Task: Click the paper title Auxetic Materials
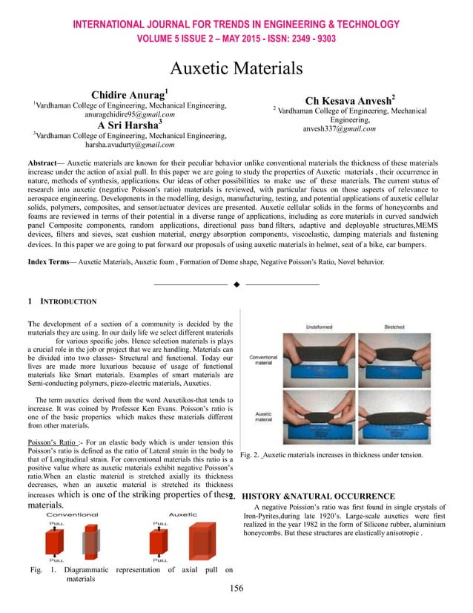coord(236,69)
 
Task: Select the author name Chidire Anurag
coord(129,95)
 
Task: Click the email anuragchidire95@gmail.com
coord(129,115)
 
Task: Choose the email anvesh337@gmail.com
coord(340,128)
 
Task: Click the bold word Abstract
coord(42,162)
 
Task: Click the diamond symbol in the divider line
coord(235,284)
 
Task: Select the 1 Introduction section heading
coord(62,302)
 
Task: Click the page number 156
coord(236,588)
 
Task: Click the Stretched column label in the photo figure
coord(394,327)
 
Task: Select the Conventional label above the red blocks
coord(73,514)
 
